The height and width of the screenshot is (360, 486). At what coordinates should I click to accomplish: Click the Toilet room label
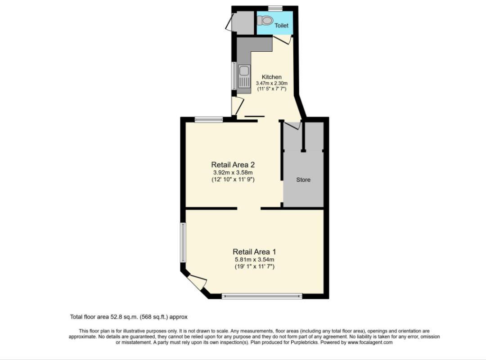(x=282, y=26)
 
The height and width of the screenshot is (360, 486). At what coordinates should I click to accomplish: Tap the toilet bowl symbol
(x=265, y=20)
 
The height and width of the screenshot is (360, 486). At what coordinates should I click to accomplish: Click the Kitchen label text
(x=272, y=77)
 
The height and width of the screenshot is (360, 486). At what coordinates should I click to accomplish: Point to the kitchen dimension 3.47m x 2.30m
(x=272, y=83)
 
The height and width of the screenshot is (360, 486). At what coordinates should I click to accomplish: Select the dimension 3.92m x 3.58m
(x=233, y=172)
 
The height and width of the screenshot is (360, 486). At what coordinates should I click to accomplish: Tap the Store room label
(x=303, y=180)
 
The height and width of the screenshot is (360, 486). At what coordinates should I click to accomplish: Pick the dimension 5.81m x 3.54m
(x=254, y=259)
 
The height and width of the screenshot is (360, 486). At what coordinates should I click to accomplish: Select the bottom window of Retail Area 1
(x=262, y=296)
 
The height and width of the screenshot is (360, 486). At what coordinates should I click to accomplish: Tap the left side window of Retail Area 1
(x=183, y=242)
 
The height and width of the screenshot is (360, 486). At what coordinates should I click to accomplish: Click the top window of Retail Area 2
(x=209, y=120)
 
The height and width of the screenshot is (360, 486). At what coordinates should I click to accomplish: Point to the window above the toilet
(x=275, y=8)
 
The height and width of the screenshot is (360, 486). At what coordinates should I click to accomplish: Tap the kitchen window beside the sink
(x=234, y=75)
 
